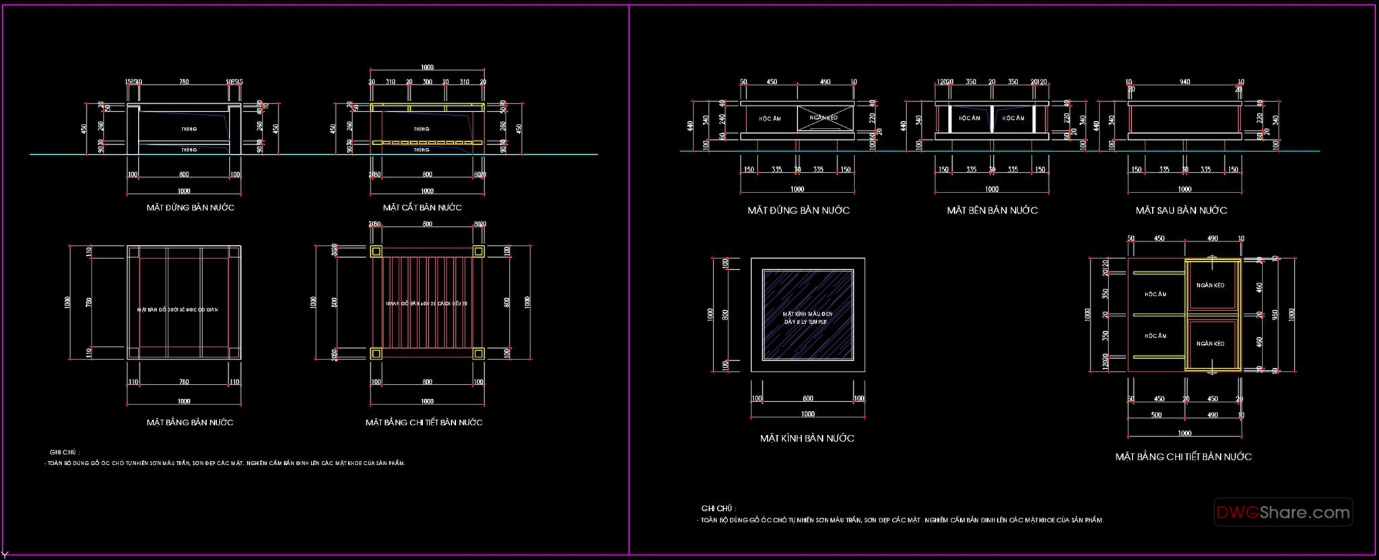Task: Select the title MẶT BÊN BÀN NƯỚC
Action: [x=992, y=211]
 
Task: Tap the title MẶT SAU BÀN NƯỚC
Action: [x=1181, y=211]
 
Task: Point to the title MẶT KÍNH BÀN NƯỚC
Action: [x=807, y=438]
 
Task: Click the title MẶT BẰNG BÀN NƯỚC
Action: [x=190, y=423]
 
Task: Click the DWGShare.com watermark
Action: [x=1283, y=513]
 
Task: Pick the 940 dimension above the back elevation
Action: [x=1184, y=82]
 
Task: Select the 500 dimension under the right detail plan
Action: [x=1156, y=415]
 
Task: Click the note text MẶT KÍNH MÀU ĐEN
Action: [x=807, y=314]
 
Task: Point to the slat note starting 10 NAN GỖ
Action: [x=426, y=304]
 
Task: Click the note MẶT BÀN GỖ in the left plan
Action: [x=177, y=310]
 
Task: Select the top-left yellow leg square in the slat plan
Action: [x=376, y=252]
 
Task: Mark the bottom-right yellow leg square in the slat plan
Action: [x=478, y=353]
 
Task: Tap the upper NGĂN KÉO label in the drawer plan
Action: [x=1210, y=285]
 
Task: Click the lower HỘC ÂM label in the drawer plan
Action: [x=1155, y=336]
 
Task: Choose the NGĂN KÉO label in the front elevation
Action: [x=823, y=118]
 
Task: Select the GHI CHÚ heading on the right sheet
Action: [x=718, y=509]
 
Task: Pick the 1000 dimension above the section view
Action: [x=427, y=67]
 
